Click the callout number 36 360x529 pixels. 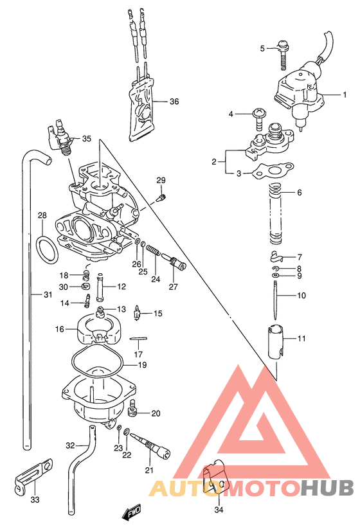tap(174, 102)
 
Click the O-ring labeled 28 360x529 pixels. tap(44, 249)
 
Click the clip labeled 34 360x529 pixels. tap(213, 477)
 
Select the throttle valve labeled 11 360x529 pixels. tap(276, 341)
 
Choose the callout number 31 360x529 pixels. tap(48, 295)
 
